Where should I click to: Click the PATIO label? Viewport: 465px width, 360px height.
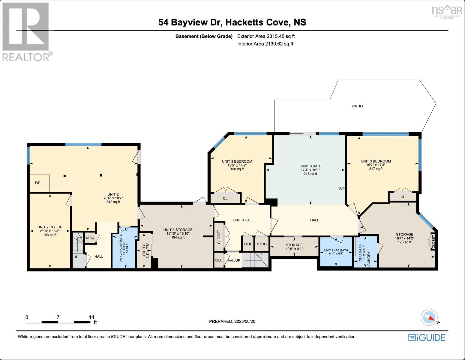pyautogui.click(x=357, y=106)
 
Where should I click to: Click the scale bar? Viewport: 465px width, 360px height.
pyautogui.click(x=58, y=322)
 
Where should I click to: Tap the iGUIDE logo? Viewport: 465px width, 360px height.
pyautogui.click(x=427, y=337)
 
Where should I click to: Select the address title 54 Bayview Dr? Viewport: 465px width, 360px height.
pyautogui.click(x=232, y=22)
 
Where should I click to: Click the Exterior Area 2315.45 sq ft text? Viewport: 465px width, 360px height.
pyautogui.click(x=266, y=36)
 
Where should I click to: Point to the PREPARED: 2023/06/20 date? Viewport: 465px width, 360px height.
pyautogui.click(x=232, y=321)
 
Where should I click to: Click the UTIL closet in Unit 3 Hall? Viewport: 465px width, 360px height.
pyautogui.click(x=248, y=244)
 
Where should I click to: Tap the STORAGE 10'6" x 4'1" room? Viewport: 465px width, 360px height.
pyautogui.click(x=294, y=247)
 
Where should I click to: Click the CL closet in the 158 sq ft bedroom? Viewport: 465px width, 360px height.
pyautogui.click(x=225, y=198)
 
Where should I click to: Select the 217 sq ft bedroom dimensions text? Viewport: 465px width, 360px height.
pyautogui.click(x=376, y=165)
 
